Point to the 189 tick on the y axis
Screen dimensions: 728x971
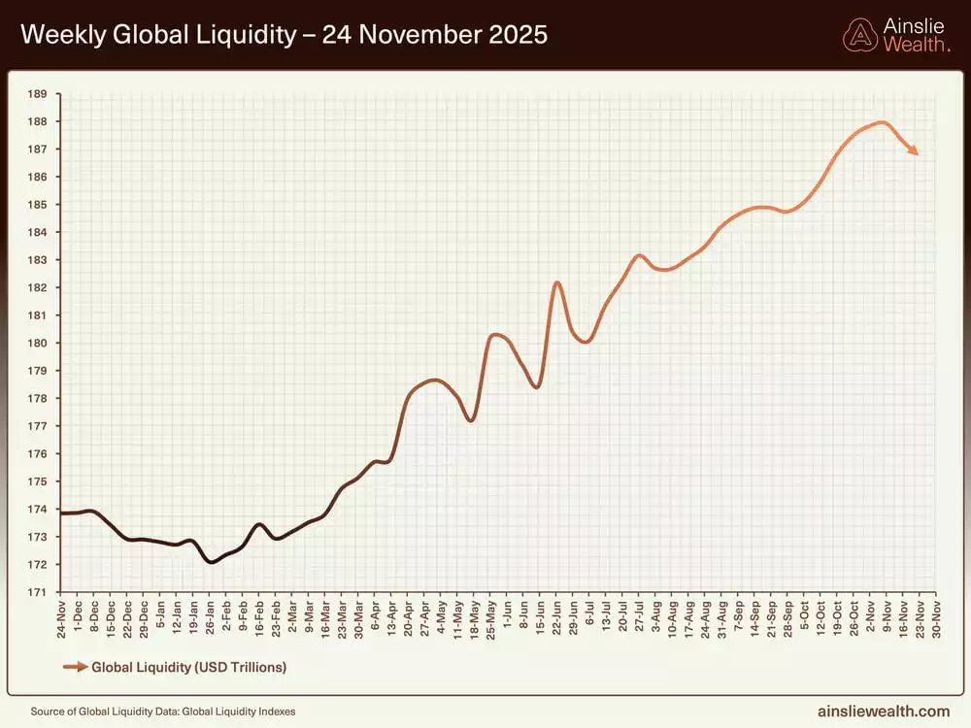tap(37, 94)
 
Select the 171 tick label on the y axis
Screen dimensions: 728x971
tap(37, 592)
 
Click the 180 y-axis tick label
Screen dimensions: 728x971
tap(37, 344)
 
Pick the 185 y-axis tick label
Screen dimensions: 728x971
tap(37, 205)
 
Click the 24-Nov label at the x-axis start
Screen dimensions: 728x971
tap(61, 620)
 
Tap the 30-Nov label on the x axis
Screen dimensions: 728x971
tap(934, 620)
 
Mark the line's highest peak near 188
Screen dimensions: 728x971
tap(882, 122)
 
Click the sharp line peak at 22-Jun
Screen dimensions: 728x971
tap(557, 282)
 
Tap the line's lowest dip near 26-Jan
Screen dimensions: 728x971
tap(211, 562)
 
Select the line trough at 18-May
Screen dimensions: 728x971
tap(471, 420)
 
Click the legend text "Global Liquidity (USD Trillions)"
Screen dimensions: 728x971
tap(189, 668)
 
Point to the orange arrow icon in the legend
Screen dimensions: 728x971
tap(74, 668)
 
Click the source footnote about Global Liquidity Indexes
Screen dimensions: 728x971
tap(163, 711)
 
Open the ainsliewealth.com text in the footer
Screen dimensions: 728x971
tap(886, 711)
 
